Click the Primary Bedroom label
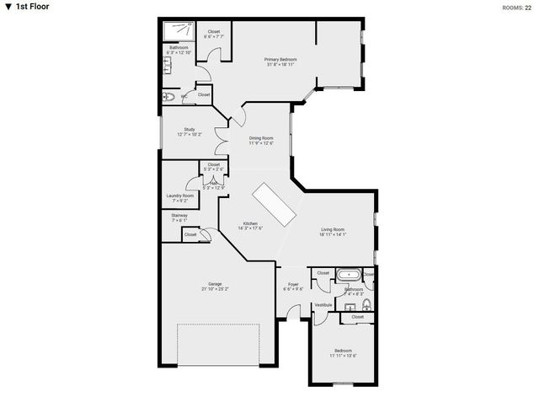[280, 59]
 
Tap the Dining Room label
[261, 137]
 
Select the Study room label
[189, 129]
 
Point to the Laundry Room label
[180, 196]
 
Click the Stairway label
[179, 215]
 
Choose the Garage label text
[215, 283]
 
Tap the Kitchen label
[250, 223]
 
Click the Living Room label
[334, 229]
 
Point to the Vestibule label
[323, 304]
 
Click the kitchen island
[275, 204]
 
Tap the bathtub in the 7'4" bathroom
[348, 275]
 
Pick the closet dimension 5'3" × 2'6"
[213, 169]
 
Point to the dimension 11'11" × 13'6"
[343, 356]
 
